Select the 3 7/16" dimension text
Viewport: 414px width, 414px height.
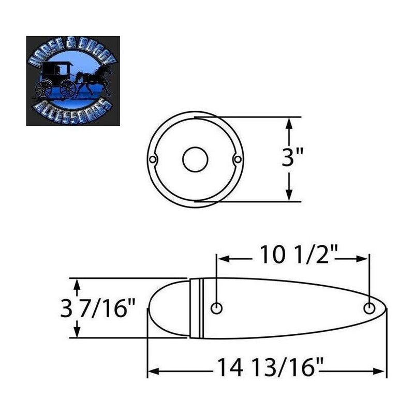coord(98,308)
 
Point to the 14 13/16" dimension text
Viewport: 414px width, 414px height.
coord(270,367)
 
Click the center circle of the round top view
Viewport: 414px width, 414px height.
coord(195,159)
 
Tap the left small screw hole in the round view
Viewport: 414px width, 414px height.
coord(153,159)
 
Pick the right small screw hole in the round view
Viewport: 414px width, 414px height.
coord(238,159)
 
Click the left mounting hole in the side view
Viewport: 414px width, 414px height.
coord(216,308)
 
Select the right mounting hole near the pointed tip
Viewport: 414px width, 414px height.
coord(369,308)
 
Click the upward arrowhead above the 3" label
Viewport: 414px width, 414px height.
coord(289,123)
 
